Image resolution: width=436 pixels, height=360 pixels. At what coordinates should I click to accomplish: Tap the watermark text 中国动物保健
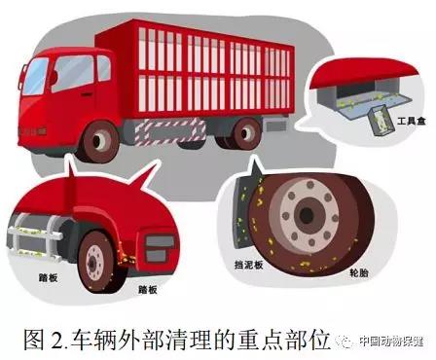click(388, 342)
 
